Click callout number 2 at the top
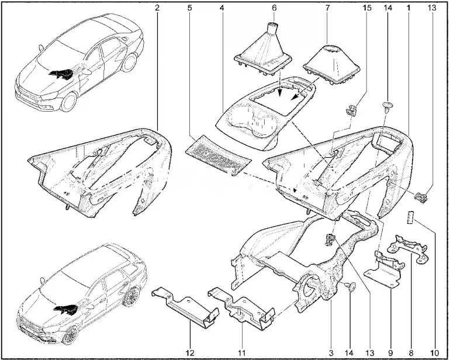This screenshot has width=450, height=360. [157, 8]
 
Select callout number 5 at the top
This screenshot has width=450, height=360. [190, 8]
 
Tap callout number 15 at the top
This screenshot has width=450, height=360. [366, 8]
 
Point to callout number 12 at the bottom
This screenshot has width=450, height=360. [191, 352]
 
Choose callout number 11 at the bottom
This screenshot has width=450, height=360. [241, 352]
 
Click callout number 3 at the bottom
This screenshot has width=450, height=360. [331, 352]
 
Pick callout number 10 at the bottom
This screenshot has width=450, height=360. [435, 352]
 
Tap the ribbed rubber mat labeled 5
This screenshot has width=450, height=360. [218, 155]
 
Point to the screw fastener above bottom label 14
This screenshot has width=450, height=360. [351, 286]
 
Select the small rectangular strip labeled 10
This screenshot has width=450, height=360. [410, 217]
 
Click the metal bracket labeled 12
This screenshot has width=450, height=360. [185, 307]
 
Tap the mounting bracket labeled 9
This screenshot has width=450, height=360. [383, 270]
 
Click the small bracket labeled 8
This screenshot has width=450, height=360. [407, 248]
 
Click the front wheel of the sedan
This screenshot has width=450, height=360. [69, 102]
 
